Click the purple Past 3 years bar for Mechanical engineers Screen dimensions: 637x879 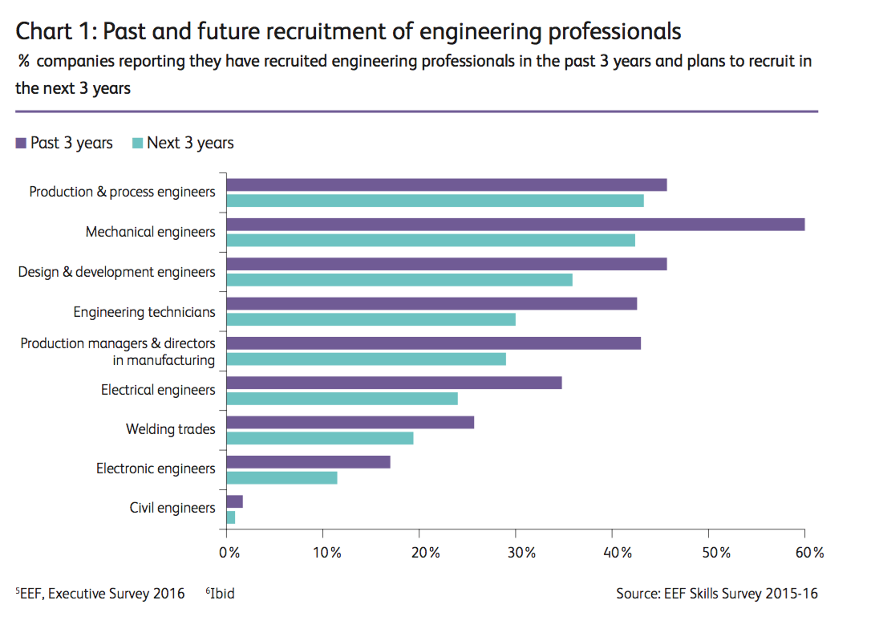click(x=515, y=225)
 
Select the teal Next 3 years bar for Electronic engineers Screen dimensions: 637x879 click(x=282, y=478)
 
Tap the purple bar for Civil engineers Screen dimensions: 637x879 click(x=234, y=501)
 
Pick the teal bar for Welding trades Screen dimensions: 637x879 click(x=320, y=438)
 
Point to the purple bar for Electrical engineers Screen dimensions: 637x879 click(x=394, y=383)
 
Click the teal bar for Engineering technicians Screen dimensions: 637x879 click(x=371, y=319)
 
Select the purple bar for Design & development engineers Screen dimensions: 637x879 click(x=446, y=264)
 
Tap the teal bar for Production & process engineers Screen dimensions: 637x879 click(x=435, y=201)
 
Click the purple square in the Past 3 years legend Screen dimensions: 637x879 click(x=21, y=144)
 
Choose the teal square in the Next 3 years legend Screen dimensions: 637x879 click(x=137, y=144)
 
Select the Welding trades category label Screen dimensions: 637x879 click(x=170, y=429)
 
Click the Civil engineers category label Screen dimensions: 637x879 click(x=172, y=508)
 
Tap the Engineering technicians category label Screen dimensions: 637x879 click(x=144, y=312)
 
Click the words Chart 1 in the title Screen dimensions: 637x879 click(x=55, y=31)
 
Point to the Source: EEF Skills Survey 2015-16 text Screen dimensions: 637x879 click(x=717, y=594)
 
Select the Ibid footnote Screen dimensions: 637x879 click(x=221, y=594)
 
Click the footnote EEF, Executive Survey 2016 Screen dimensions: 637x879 click(x=100, y=594)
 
